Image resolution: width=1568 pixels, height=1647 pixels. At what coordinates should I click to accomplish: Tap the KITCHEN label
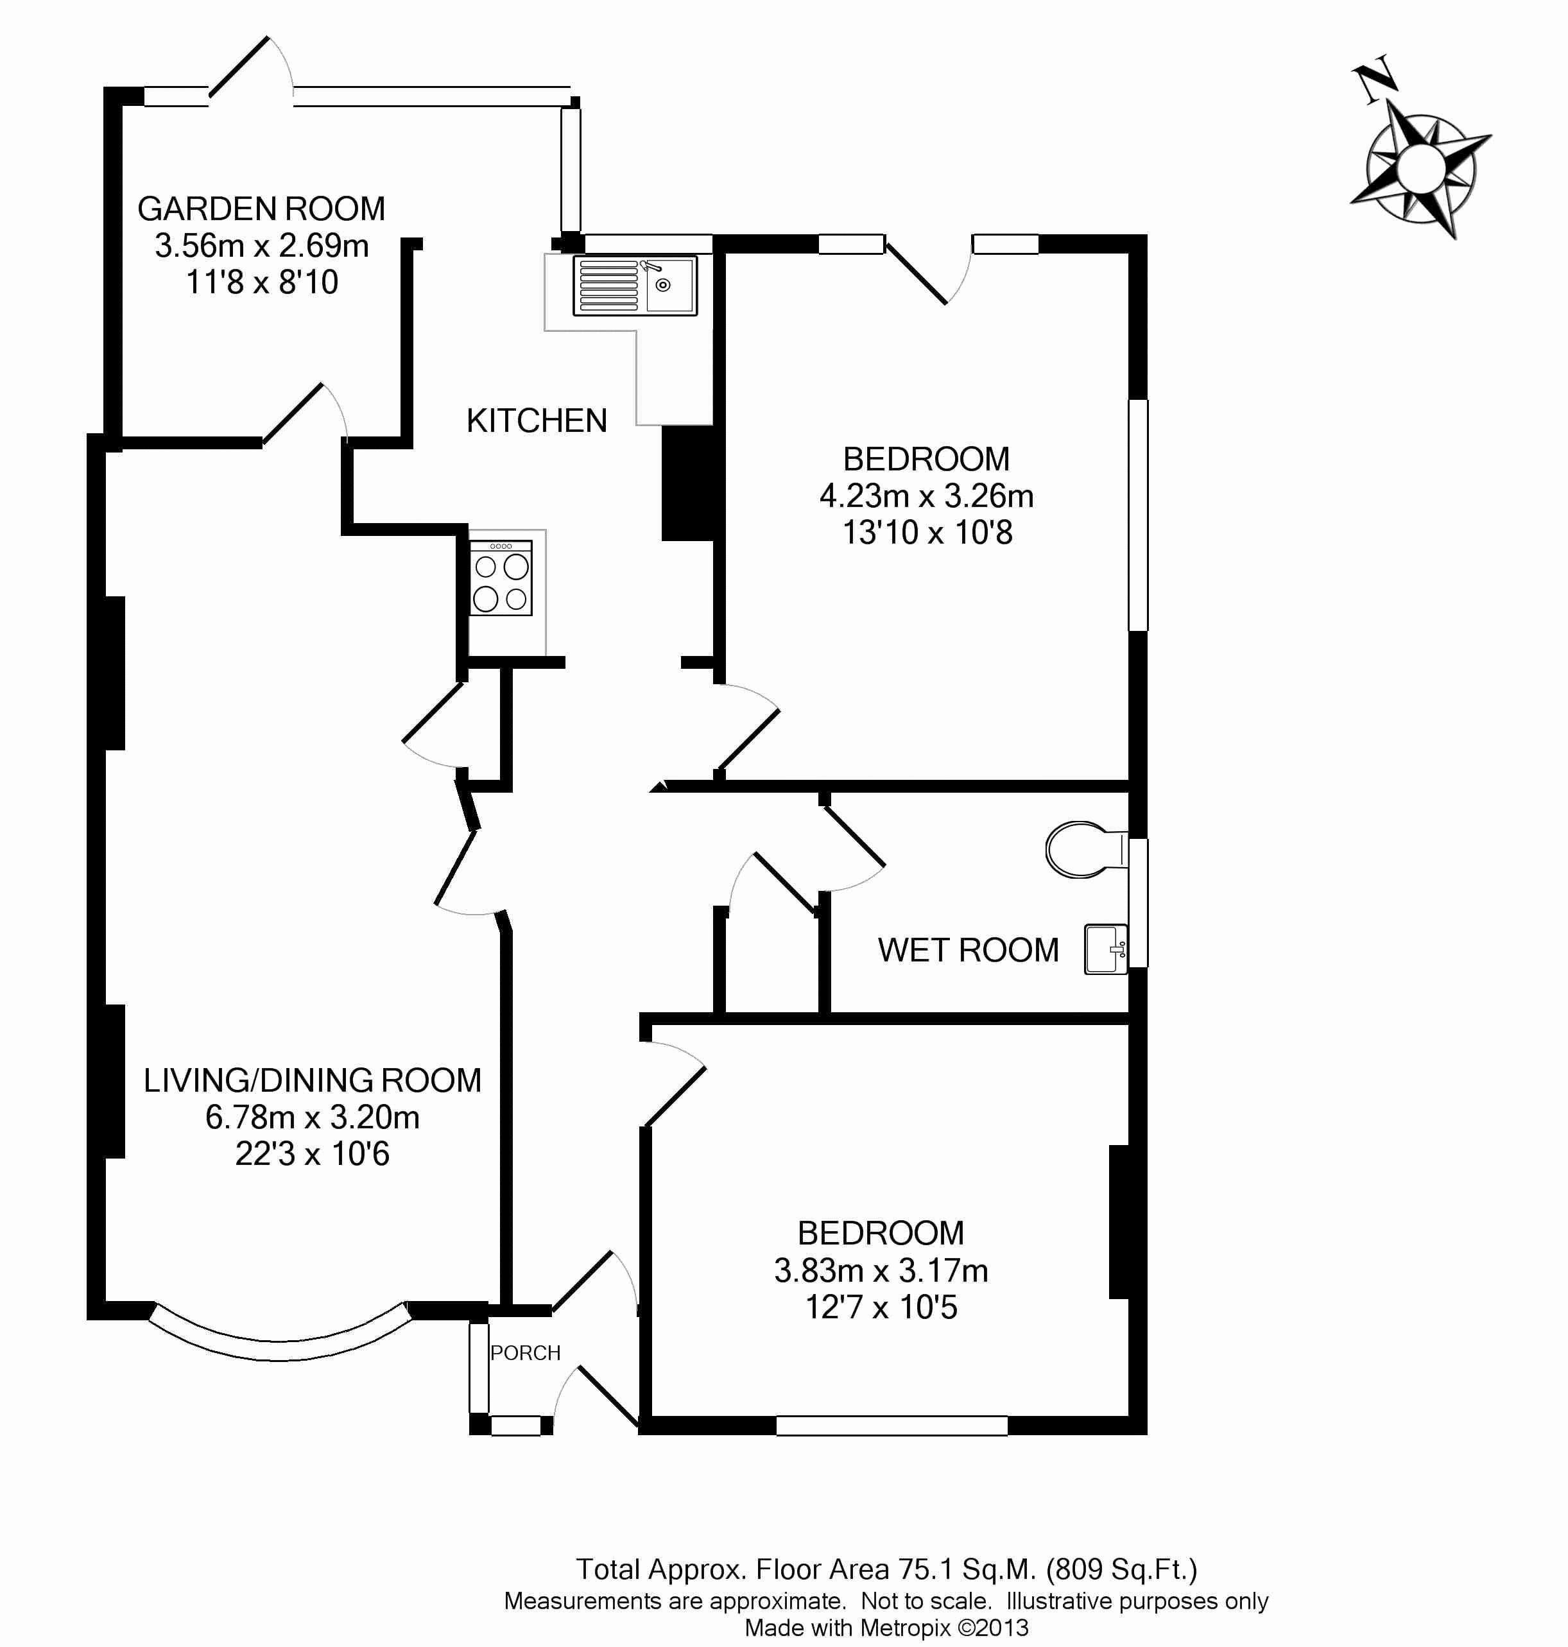click(x=537, y=420)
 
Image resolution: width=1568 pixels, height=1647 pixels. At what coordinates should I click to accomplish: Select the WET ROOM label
click(x=968, y=951)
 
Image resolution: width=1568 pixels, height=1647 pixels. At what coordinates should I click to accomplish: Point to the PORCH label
click(x=525, y=1353)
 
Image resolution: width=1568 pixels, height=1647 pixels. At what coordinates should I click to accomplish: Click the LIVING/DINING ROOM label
click(x=312, y=1080)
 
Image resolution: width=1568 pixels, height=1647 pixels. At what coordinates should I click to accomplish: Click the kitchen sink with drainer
click(x=634, y=286)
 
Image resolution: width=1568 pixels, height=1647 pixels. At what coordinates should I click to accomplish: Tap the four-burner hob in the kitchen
click(x=501, y=578)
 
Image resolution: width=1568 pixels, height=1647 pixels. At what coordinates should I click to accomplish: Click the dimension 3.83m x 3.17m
click(x=881, y=1271)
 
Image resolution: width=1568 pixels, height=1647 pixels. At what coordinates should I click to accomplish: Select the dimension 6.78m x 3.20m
click(x=312, y=1117)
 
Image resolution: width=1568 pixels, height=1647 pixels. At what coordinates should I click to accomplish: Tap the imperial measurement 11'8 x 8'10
click(x=262, y=282)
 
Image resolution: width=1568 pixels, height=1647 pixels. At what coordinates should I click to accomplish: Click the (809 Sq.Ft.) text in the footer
click(x=1122, y=1569)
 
